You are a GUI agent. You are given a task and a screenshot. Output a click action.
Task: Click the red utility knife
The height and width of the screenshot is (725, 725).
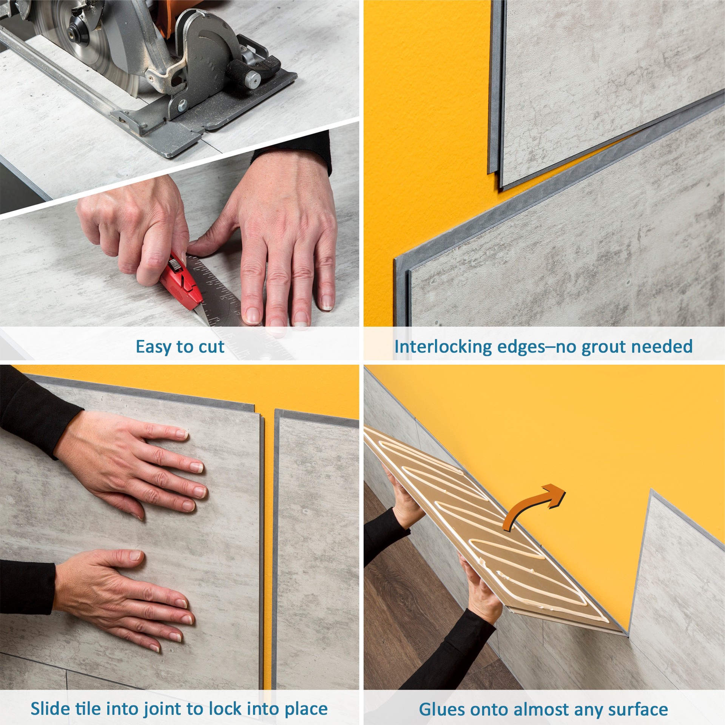[180, 282]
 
